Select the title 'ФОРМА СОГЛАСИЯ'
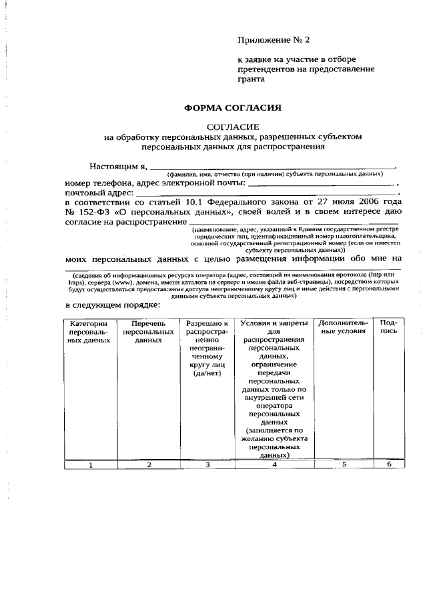pyautogui.click(x=233, y=107)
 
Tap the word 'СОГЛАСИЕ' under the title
pyautogui.click(x=233, y=127)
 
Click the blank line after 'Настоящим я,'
pyautogui.click(x=272, y=167)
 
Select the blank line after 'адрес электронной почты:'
pyautogui.click(x=322, y=182)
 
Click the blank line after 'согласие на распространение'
pyautogui.click(x=294, y=223)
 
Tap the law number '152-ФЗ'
pyautogui.click(x=95, y=212)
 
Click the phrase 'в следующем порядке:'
pyautogui.click(x=112, y=306)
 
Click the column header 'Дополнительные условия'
pyautogui.click(x=344, y=326)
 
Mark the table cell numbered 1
pyautogui.click(x=89, y=465)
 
